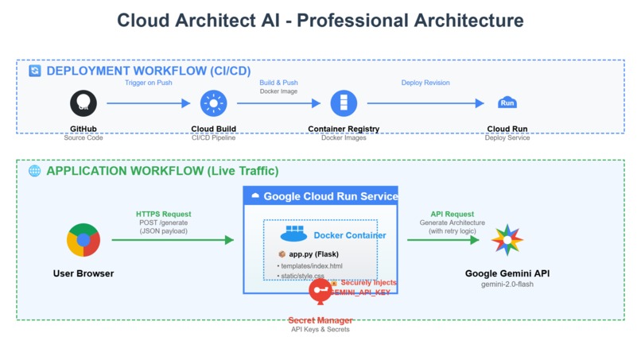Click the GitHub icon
(83, 103)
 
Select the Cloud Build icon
(213, 103)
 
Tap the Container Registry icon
(344, 103)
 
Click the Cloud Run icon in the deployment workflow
(507, 103)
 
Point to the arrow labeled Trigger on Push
(148, 103)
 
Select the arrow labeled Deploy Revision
(425, 103)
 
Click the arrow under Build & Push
(278, 103)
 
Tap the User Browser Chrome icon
(84, 240)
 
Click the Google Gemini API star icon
(507, 240)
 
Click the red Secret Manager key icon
(320, 291)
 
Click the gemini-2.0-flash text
(507, 284)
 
